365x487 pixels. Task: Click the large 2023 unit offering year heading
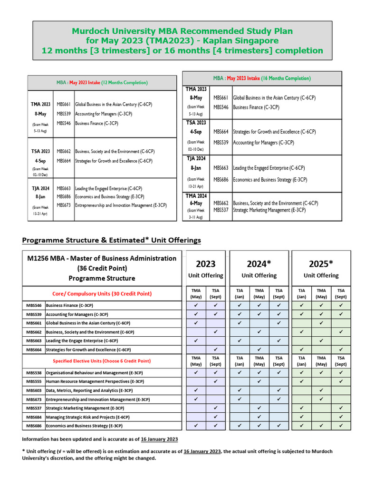(x=205, y=264)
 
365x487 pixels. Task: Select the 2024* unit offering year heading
(x=259, y=264)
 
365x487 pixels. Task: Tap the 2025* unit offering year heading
(x=321, y=264)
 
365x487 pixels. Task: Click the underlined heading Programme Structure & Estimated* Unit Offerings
(x=112, y=240)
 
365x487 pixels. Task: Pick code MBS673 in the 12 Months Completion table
(x=64, y=205)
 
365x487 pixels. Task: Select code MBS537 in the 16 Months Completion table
(x=221, y=210)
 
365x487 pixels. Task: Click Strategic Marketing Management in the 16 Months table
(x=269, y=210)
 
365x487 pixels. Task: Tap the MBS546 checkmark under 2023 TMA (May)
(x=196, y=305)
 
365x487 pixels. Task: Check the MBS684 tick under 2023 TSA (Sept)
(x=216, y=417)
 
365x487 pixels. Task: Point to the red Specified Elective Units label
(x=102, y=361)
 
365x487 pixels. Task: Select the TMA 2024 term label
(x=196, y=195)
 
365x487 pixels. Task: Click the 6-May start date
(x=196, y=203)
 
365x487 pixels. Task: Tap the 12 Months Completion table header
(x=102, y=83)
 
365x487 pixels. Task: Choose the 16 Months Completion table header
(x=262, y=78)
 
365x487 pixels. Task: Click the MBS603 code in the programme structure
(x=33, y=390)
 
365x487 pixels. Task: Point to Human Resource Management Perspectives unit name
(x=94, y=381)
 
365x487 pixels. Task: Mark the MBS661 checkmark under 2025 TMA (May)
(x=321, y=323)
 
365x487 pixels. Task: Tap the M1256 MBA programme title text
(x=102, y=258)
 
